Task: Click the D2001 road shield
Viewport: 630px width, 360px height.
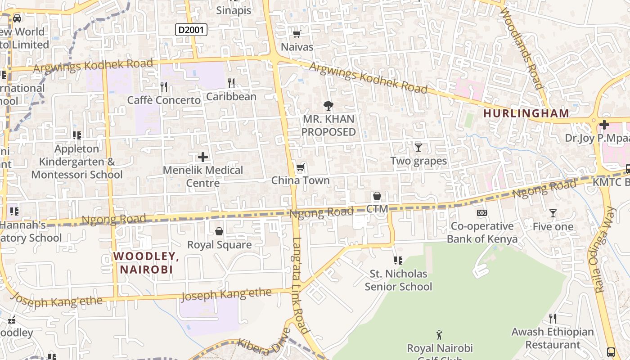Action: point(191,30)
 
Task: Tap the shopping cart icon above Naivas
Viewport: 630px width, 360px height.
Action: point(297,34)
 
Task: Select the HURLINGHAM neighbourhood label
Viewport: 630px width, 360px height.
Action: point(526,113)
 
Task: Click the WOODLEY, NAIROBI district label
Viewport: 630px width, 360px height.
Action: point(146,263)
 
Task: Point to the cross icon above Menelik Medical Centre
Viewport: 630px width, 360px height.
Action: point(203,157)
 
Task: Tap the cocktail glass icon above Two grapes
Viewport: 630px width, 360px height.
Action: point(418,147)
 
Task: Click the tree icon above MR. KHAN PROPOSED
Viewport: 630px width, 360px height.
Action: point(328,106)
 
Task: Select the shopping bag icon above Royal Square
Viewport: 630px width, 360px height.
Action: point(219,231)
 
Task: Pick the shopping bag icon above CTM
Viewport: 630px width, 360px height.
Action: point(377,196)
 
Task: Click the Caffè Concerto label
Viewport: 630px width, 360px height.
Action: point(164,100)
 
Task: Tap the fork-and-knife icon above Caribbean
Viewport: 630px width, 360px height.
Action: point(231,83)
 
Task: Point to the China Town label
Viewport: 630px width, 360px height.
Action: point(300,180)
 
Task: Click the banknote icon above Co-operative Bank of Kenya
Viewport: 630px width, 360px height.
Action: point(482,213)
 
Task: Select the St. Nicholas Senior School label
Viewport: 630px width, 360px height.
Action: point(398,280)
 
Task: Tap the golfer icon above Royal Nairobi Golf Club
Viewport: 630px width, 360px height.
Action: point(440,335)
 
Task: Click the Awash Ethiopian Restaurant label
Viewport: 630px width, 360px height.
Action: point(553,338)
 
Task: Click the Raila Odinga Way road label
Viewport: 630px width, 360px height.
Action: point(604,250)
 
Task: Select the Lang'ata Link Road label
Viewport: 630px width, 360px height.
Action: point(301,285)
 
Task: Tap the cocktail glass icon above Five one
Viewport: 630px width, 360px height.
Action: point(553,213)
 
